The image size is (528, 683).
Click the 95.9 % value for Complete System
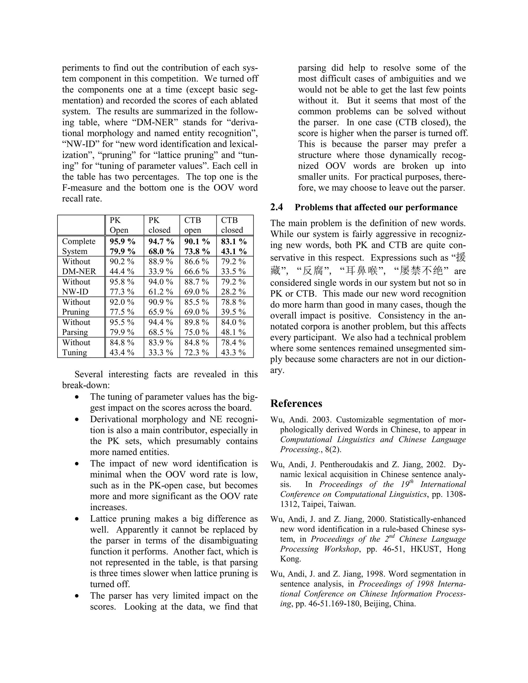click(x=122, y=241)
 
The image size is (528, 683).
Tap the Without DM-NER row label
click(x=79, y=266)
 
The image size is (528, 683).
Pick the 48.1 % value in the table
click(x=233, y=332)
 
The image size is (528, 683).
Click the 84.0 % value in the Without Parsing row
click(x=233, y=322)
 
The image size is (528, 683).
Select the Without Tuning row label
click(x=76, y=347)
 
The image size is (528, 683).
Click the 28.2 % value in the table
click(x=233, y=291)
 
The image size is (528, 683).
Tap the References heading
click(x=296, y=403)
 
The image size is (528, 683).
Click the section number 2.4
click(x=277, y=207)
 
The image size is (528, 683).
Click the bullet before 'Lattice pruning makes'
click(x=77, y=519)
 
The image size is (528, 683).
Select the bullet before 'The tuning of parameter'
click(x=77, y=397)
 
